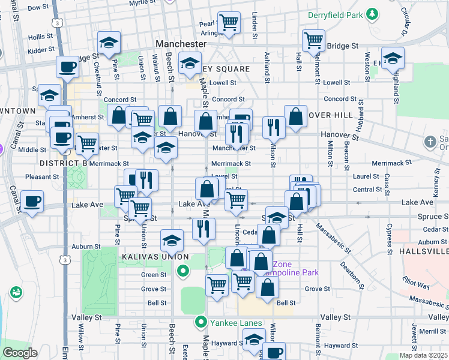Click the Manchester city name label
click(181, 44)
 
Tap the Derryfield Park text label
click(335, 14)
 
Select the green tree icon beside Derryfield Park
click(373, 14)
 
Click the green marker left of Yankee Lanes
click(203, 322)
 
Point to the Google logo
click(20, 353)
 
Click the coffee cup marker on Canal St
click(32, 201)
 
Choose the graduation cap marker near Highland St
click(393, 58)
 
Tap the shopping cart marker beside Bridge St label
click(313, 40)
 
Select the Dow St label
click(38, 7)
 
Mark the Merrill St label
click(432, 331)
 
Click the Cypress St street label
click(390, 236)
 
